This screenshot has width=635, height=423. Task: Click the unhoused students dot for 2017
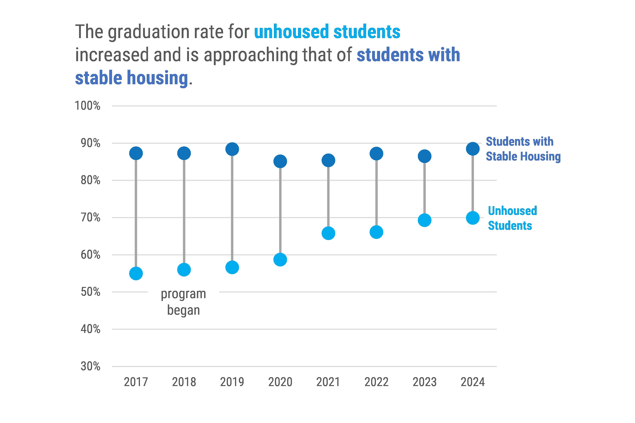136,274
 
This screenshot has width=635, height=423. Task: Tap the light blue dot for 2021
328,233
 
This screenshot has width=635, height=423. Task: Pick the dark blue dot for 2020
280,161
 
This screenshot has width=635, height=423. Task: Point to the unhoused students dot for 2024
473,218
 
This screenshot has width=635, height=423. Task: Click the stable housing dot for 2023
424,156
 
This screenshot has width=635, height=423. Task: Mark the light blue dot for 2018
184,269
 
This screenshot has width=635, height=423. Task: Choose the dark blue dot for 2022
376,154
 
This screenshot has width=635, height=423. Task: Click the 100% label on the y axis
87,106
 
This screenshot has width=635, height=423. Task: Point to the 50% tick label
90,292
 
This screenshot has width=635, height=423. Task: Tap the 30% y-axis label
90,366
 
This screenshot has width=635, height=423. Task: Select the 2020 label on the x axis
280,382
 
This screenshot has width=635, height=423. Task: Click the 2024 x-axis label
473,382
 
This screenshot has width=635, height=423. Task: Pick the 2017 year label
136,382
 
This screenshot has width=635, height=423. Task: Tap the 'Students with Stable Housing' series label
523,149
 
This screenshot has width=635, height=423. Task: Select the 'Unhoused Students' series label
512,218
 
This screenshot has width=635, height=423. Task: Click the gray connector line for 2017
136,213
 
